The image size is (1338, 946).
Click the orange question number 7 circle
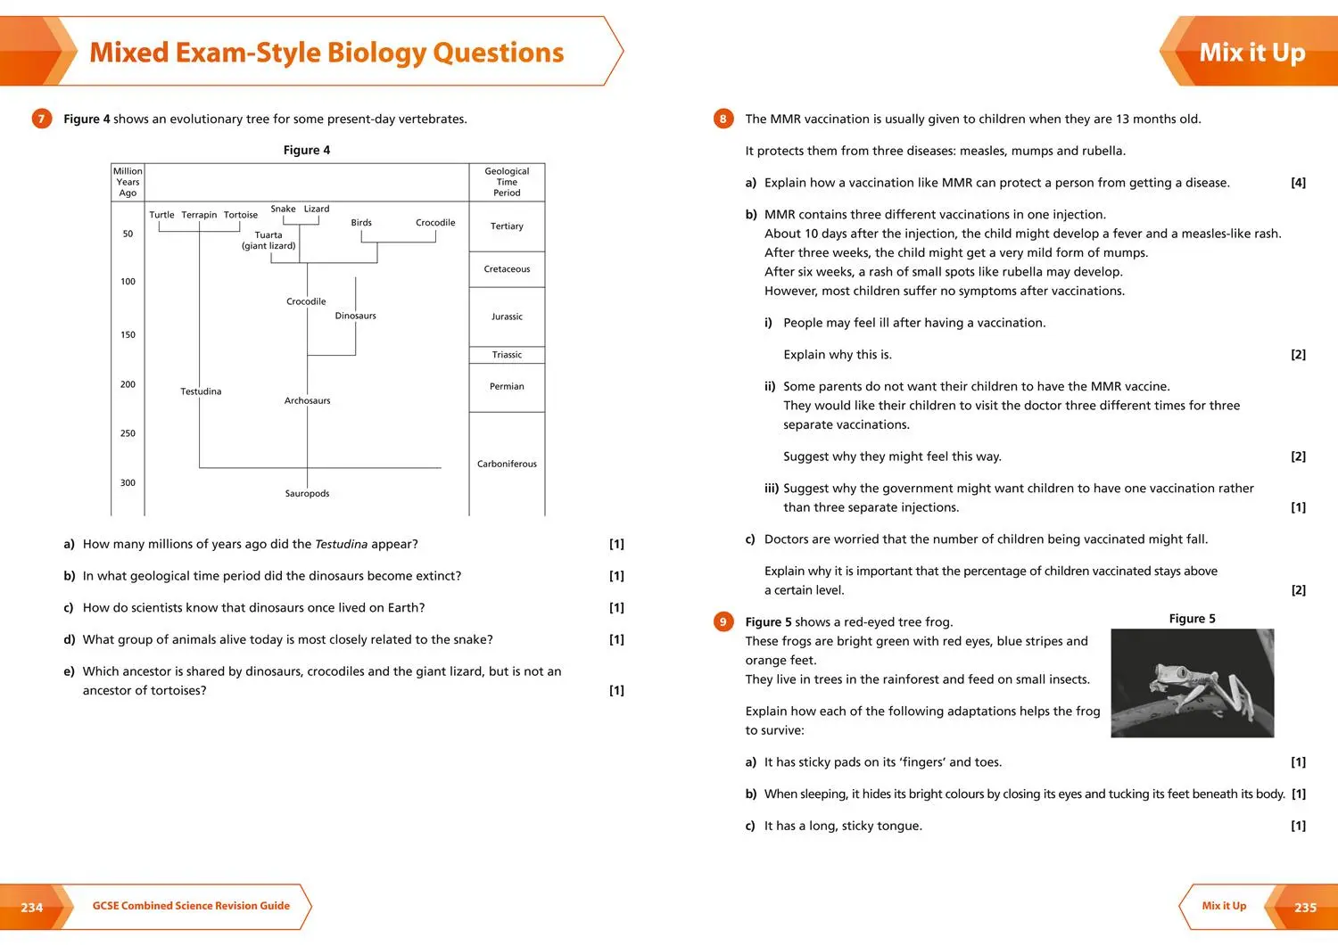point(41,119)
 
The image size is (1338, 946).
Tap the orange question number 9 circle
point(723,621)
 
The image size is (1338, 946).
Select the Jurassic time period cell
point(507,317)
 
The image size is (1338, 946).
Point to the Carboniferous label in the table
point(507,464)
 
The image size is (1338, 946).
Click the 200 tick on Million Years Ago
point(128,384)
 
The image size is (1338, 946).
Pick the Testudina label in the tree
point(201,391)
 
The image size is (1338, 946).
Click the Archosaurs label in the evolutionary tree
point(307,400)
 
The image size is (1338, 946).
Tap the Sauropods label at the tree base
point(307,493)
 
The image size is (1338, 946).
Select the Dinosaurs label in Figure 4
point(355,316)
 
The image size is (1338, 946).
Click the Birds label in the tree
point(361,223)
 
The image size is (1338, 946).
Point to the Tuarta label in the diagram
point(268,235)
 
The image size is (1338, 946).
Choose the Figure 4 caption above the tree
point(306,150)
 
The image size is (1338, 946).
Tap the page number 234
point(32,908)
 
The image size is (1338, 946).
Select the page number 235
point(1305,908)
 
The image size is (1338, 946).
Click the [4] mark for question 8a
point(1298,183)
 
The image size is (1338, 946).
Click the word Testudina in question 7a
point(341,544)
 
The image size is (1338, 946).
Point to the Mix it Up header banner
point(1251,53)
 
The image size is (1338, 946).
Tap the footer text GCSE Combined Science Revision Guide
point(191,906)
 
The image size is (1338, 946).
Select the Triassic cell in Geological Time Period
point(507,355)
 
